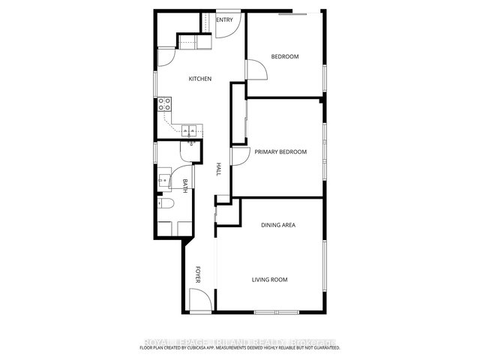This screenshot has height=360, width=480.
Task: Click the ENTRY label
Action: click(225, 19)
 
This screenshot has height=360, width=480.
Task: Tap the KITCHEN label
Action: click(199, 79)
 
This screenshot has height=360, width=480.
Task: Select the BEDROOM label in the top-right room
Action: click(285, 56)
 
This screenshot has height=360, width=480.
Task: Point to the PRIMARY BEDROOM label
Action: click(280, 152)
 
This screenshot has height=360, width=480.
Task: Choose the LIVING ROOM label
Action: click(269, 280)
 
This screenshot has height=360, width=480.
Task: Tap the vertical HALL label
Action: click(219, 169)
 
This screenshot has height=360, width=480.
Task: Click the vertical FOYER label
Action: click(199, 274)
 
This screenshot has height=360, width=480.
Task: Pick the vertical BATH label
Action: click(184, 184)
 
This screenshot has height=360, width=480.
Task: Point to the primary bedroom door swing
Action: click(241, 156)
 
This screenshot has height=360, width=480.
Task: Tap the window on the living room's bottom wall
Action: click(274, 311)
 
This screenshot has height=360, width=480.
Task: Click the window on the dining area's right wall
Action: click(324, 262)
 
